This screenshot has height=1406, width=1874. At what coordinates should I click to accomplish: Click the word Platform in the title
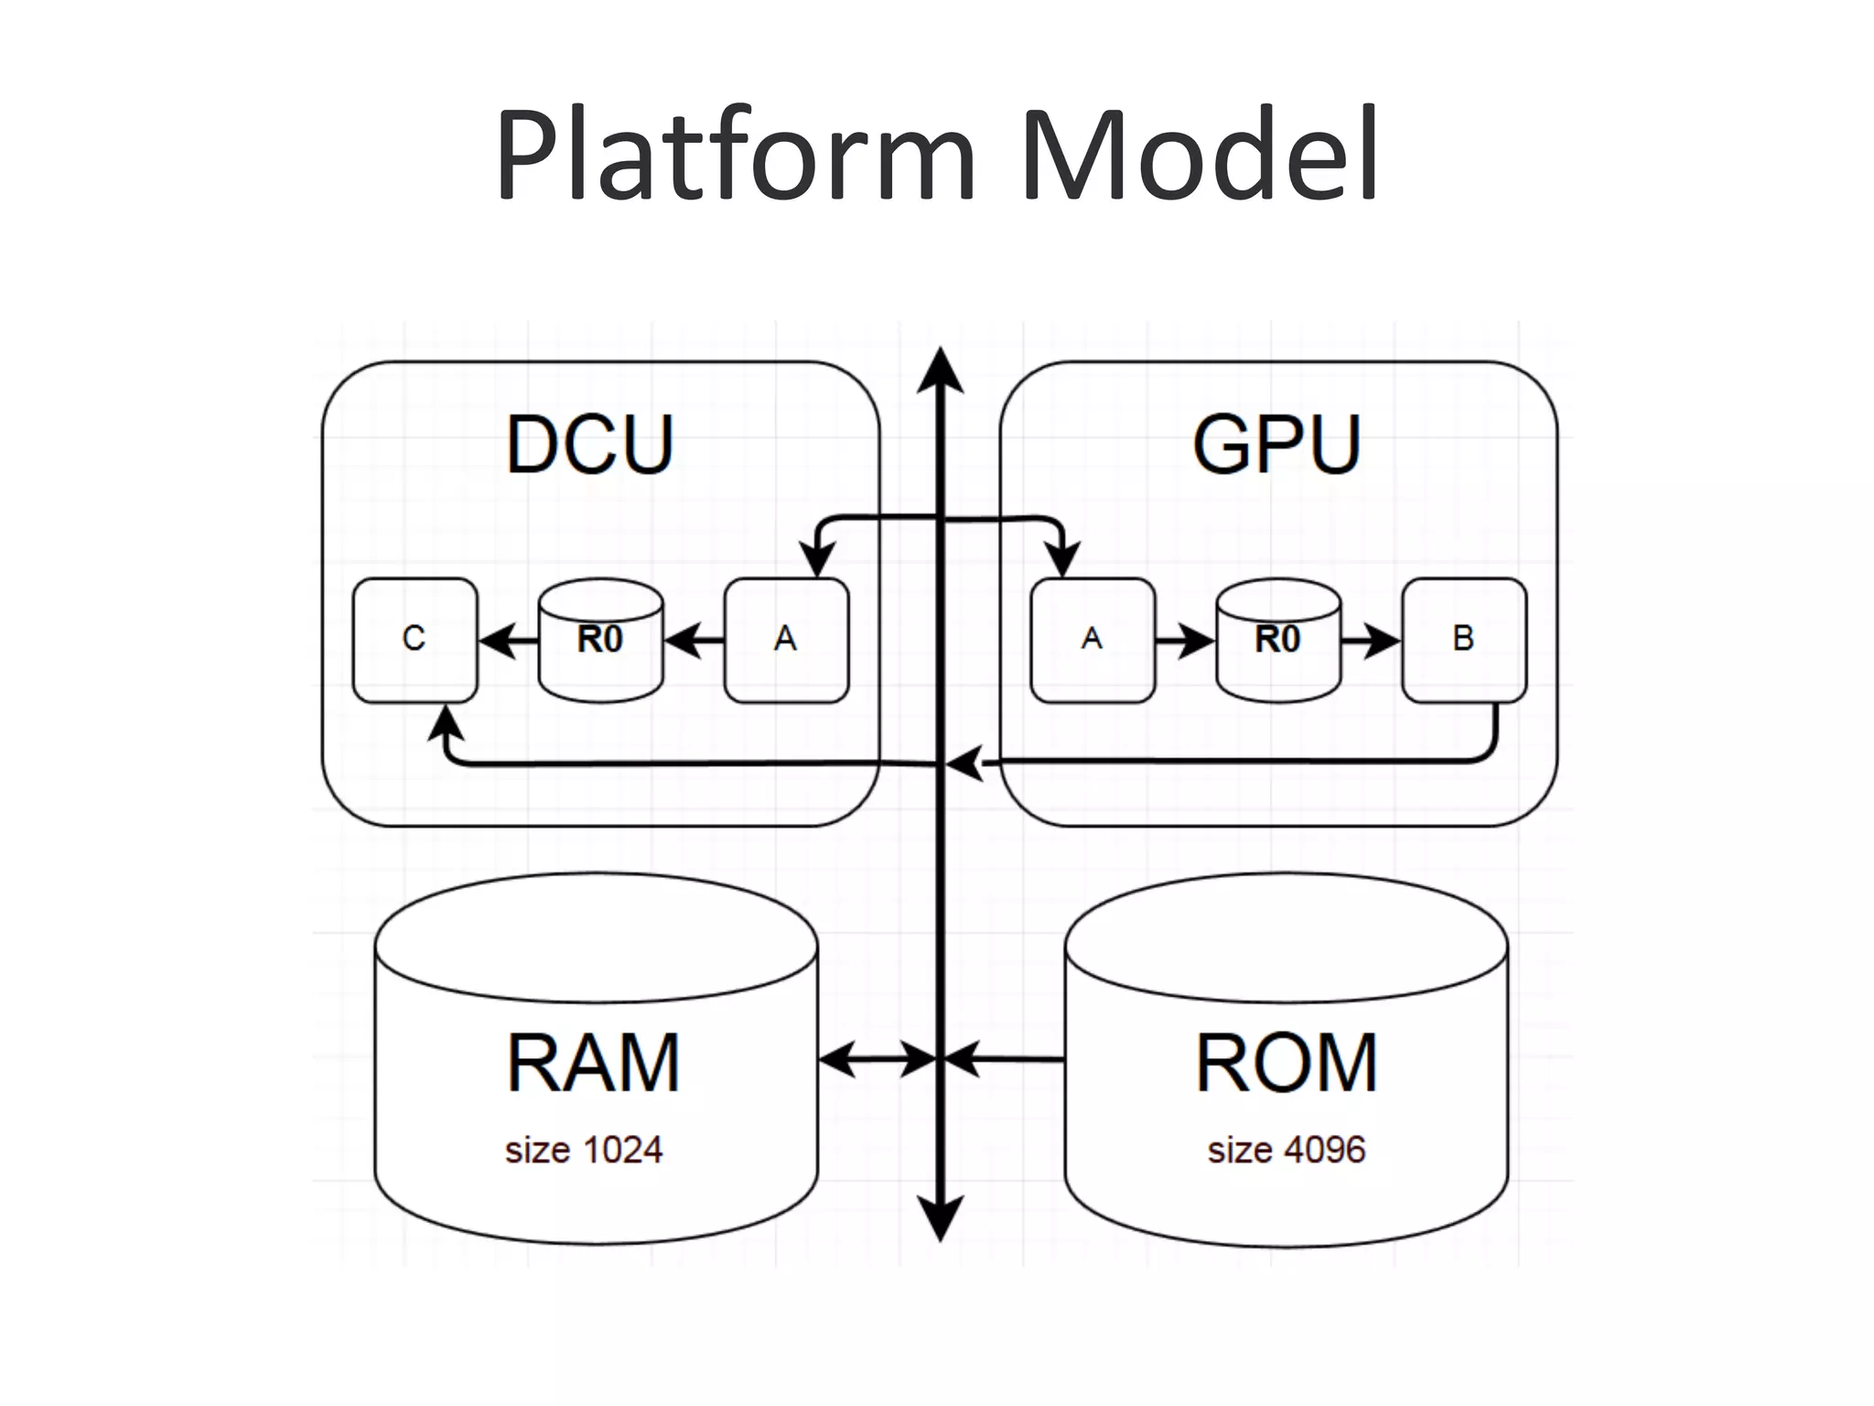[x=737, y=156]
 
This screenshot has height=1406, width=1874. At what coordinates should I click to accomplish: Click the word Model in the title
[x=1199, y=156]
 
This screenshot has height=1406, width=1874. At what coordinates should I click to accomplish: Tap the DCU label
[x=590, y=445]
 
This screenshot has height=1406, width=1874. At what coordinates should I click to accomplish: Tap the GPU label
[x=1277, y=445]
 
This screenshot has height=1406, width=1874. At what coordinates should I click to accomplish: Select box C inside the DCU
[x=415, y=640]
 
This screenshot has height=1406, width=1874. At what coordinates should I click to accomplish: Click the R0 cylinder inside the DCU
[x=600, y=640]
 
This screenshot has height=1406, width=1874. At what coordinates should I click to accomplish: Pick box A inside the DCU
[x=786, y=640]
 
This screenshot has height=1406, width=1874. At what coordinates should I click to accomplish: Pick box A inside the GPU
[x=1092, y=640]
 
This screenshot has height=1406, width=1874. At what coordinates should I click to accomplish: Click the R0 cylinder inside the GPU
[x=1278, y=640]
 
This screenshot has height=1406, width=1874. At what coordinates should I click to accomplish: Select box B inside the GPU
[x=1464, y=640]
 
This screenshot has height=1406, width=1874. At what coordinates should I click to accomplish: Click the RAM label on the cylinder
[x=594, y=1064]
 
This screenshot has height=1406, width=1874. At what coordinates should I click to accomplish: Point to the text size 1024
[x=584, y=1151]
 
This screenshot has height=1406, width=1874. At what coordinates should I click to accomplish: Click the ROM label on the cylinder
[x=1286, y=1064]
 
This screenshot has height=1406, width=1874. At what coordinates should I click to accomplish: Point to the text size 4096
[x=1286, y=1151]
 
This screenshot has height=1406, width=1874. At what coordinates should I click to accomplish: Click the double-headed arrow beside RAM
[x=877, y=1060]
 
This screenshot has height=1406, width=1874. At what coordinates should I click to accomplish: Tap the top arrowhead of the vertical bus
[x=941, y=371]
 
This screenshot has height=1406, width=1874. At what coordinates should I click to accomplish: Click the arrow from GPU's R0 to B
[x=1370, y=641]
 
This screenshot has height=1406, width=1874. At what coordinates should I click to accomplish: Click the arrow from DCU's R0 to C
[x=509, y=641]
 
